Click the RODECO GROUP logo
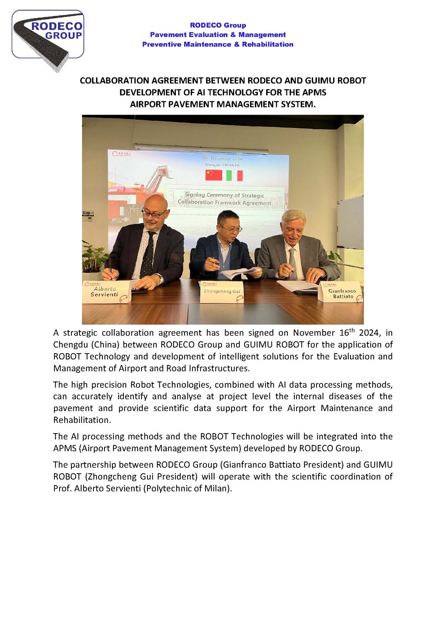pyautogui.click(x=48, y=35)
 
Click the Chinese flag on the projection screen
pyautogui.click(x=214, y=175)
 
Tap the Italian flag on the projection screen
pyautogui.click(x=234, y=176)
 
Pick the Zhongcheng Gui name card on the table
pyautogui.click(x=222, y=292)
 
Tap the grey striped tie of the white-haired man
pyautogui.click(x=293, y=262)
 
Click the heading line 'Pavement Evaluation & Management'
pyautogui.click(x=218, y=35)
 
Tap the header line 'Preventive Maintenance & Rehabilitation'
pyautogui.click(x=218, y=44)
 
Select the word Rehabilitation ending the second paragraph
pyautogui.click(x=82, y=420)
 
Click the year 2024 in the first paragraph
pyautogui.click(x=369, y=333)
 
